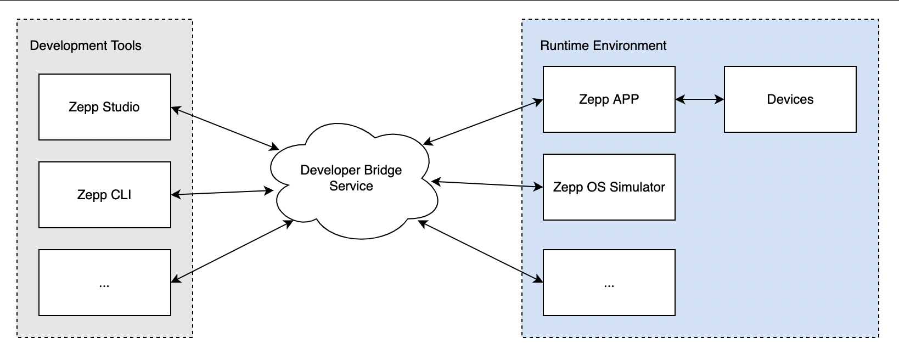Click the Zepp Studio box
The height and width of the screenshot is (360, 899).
104,107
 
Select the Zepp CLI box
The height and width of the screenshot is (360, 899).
104,195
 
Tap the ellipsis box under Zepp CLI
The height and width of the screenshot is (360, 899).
104,283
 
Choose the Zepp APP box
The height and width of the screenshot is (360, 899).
609,99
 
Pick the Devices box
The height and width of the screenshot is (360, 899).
790,99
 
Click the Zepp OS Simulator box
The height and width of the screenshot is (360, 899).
609,187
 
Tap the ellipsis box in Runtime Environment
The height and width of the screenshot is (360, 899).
609,283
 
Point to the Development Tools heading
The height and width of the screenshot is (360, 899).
86,46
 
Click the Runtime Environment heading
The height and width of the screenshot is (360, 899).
603,46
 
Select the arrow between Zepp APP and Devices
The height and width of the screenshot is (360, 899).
700,99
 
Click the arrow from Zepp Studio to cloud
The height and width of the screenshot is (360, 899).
225,128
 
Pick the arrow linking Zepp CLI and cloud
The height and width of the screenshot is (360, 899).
222,193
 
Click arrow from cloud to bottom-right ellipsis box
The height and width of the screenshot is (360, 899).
480,251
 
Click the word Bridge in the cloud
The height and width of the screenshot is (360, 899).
381,170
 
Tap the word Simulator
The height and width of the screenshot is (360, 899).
638,187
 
